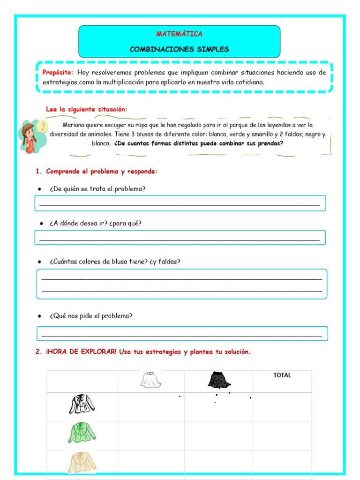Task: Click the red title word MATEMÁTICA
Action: coord(179,34)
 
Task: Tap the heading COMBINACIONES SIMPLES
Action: coord(179,49)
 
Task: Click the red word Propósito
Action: coord(58,73)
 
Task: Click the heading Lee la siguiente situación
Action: coord(86,109)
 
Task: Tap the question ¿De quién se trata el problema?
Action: coord(97,189)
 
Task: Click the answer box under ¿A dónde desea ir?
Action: coord(180,238)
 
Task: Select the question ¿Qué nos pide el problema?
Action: coord(91,316)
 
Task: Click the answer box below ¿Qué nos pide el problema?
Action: coord(182,333)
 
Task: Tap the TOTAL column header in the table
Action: coord(282,375)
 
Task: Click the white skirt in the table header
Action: coord(151,380)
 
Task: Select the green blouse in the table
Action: coord(82,434)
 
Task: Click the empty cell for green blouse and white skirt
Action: coord(150,435)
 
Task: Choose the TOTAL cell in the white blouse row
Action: coord(282,406)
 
